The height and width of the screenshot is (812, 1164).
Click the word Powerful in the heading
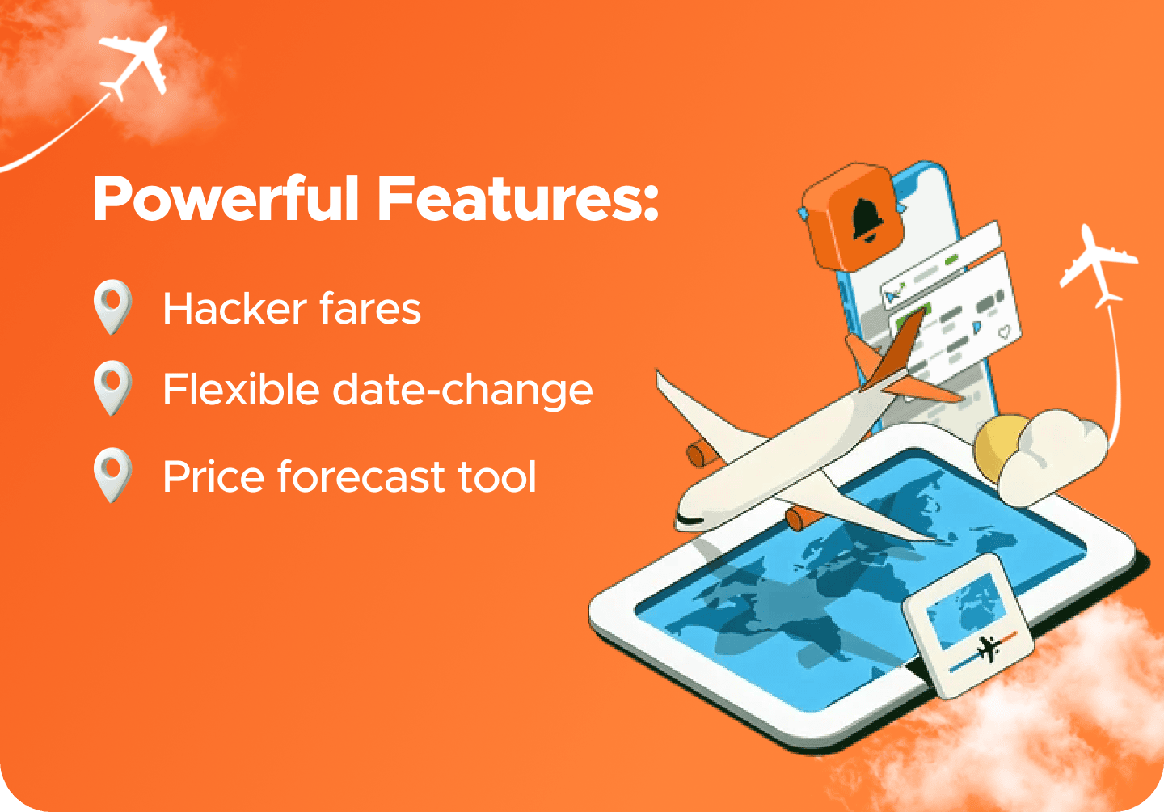pyautogui.click(x=226, y=199)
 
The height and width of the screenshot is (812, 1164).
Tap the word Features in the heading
pyautogui.click(x=517, y=199)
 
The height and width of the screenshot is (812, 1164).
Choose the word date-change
pyautogui.click(x=462, y=391)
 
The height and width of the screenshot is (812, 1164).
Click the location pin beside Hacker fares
pyautogui.click(x=112, y=306)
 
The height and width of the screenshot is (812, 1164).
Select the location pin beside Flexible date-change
pyautogui.click(x=112, y=387)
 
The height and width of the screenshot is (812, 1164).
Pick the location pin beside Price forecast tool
pyautogui.click(x=112, y=474)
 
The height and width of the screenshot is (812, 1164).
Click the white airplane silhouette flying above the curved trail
pyautogui.click(x=1098, y=265)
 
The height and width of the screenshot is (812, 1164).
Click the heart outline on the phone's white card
pyautogui.click(x=1005, y=332)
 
